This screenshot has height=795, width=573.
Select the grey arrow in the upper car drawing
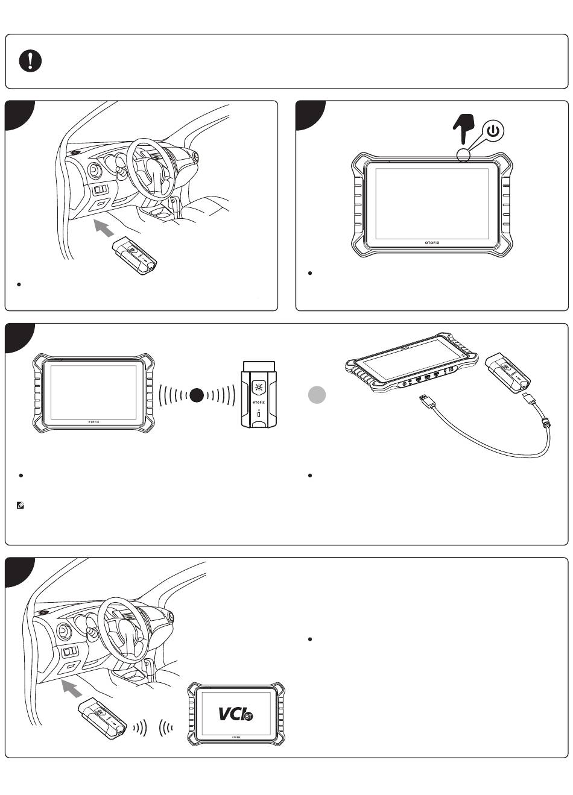(105, 229)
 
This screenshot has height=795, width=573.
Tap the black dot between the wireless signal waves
(197, 395)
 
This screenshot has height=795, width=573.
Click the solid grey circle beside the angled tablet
(317, 395)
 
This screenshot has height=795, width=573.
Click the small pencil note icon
(21, 506)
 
